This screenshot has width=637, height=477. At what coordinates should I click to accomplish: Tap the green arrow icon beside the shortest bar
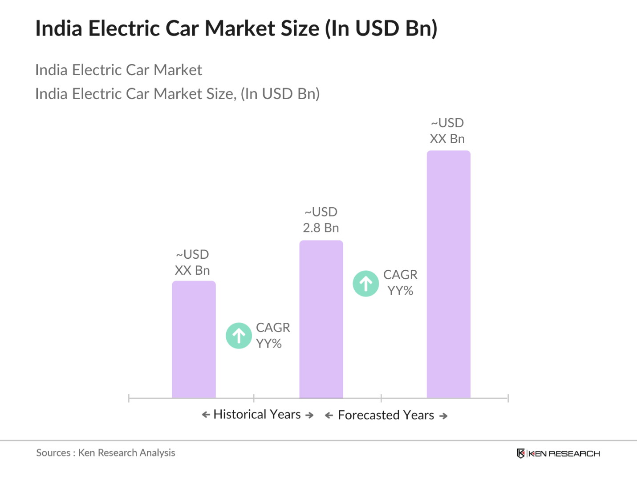(x=239, y=336)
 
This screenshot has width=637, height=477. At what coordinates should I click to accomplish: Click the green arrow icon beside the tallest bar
(x=366, y=284)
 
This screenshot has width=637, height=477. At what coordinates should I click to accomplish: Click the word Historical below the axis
(x=239, y=414)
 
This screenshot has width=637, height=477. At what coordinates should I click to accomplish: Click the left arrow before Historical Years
(x=206, y=415)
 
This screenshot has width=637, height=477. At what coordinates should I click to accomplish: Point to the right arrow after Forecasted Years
(x=443, y=416)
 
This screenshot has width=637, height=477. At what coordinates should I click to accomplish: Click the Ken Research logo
(x=558, y=453)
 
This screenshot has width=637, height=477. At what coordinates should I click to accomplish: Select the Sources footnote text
(x=105, y=453)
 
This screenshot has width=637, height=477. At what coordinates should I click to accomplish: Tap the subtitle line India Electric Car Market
(x=118, y=70)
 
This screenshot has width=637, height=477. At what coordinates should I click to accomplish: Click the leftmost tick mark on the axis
(x=129, y=398)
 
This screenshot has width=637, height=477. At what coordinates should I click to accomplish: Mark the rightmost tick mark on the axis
(x=508, y=398)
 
